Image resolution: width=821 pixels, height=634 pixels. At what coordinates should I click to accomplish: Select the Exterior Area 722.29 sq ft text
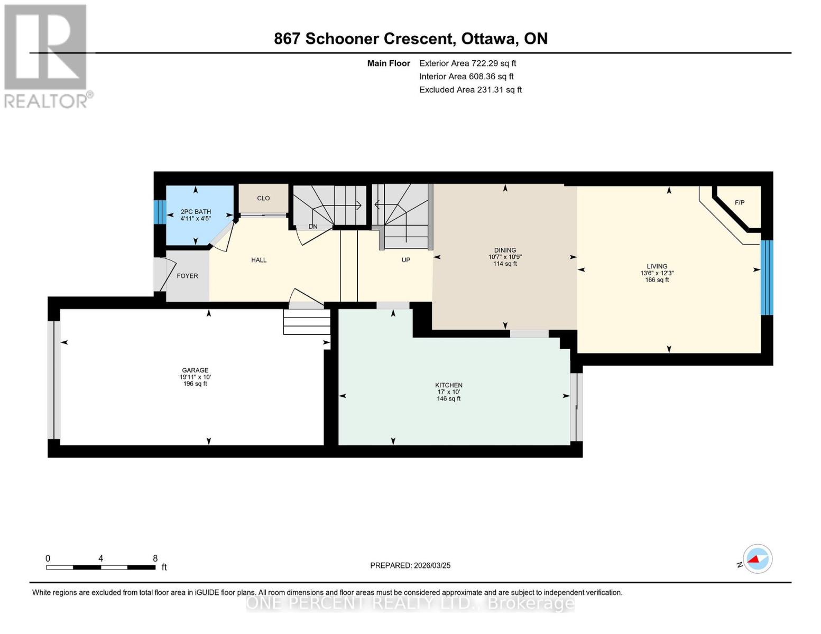(467, 63)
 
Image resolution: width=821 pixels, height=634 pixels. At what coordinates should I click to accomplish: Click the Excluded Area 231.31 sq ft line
(470, 90)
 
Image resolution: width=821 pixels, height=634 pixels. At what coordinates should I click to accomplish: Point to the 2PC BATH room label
(196, 212)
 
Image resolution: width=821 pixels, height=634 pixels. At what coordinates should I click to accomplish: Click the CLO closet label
(263, 198)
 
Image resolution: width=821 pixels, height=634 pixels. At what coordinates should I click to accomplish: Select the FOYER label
(187, 276)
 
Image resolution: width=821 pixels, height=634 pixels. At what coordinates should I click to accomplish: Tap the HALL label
(259, 260)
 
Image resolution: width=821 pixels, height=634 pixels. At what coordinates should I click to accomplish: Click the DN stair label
(313, 227)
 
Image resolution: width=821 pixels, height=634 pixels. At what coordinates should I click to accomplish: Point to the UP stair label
(405, 260)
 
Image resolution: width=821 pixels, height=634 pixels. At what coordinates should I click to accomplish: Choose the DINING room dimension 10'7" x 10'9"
(505, 257)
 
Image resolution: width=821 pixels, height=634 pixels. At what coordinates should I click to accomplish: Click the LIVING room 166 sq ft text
(657, 280)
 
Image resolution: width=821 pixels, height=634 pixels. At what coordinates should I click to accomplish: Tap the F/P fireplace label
(740, 202)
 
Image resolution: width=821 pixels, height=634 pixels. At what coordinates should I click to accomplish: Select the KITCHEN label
(448, 385)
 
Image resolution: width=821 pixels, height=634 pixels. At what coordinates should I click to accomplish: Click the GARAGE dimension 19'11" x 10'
(195, 377)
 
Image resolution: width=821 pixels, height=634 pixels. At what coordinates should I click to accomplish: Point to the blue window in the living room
(767, 277)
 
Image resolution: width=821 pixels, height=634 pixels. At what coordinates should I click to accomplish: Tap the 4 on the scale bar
(100, 558)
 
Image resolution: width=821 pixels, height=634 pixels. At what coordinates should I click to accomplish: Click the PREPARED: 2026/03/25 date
(410, 565)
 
